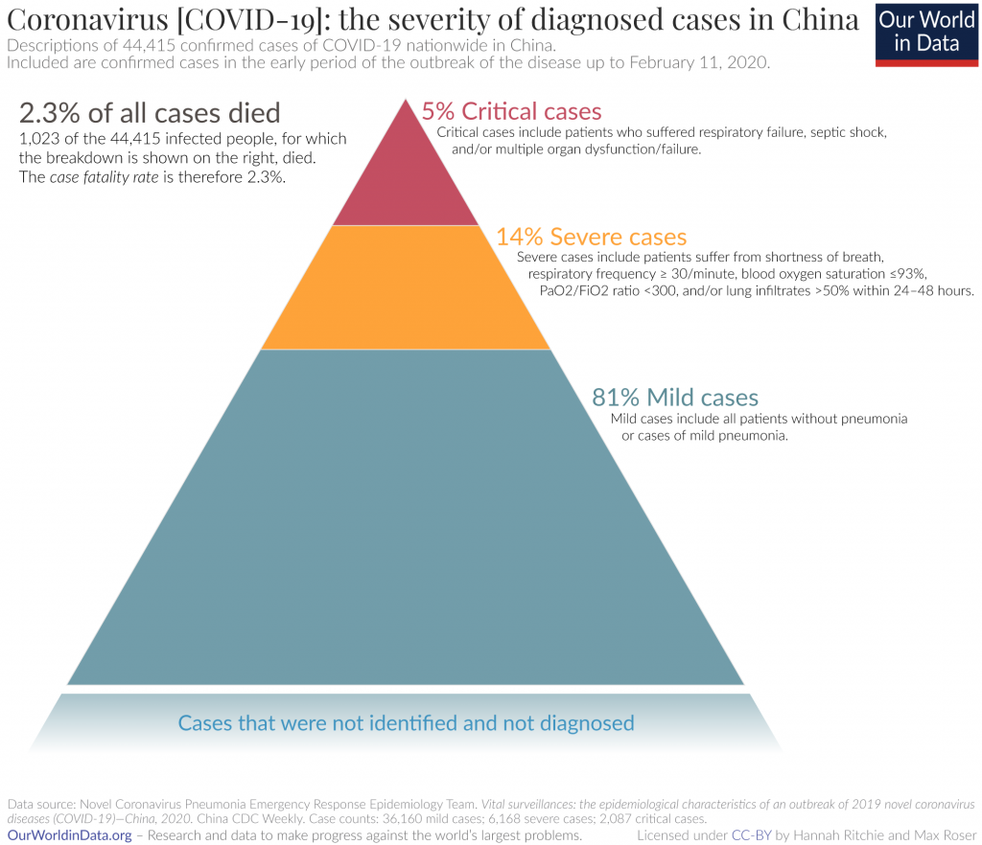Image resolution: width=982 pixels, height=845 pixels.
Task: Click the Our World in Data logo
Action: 927,34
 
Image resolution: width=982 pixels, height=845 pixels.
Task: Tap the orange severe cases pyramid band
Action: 406,287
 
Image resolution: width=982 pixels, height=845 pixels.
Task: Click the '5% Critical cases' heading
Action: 512,112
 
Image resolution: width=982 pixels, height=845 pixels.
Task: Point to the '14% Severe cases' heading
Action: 592,237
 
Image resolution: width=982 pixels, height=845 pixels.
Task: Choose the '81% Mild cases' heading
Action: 675,397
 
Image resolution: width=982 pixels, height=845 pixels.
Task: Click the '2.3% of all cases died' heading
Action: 150,113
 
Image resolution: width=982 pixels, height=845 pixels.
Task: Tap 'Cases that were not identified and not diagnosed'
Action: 407,722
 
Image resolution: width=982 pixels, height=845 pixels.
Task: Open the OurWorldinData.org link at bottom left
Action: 69,835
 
